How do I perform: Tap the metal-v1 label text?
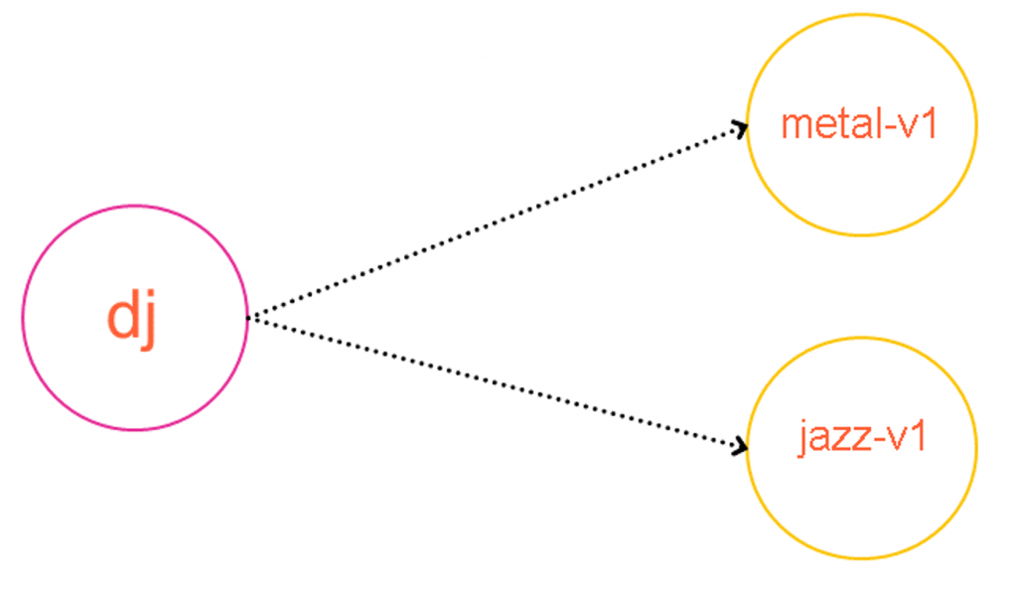point(860,125)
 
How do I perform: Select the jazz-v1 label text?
point(861,438)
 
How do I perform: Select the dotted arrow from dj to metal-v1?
point(497,222)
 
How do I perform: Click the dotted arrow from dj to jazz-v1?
point(497,381)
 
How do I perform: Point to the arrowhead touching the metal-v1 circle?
point(739,127)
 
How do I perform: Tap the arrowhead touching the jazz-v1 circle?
point(739,448)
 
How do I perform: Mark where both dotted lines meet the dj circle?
point(247,318)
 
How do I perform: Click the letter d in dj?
point(121,317)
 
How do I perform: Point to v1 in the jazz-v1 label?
point(910,438)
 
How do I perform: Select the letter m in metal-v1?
point(796,128)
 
